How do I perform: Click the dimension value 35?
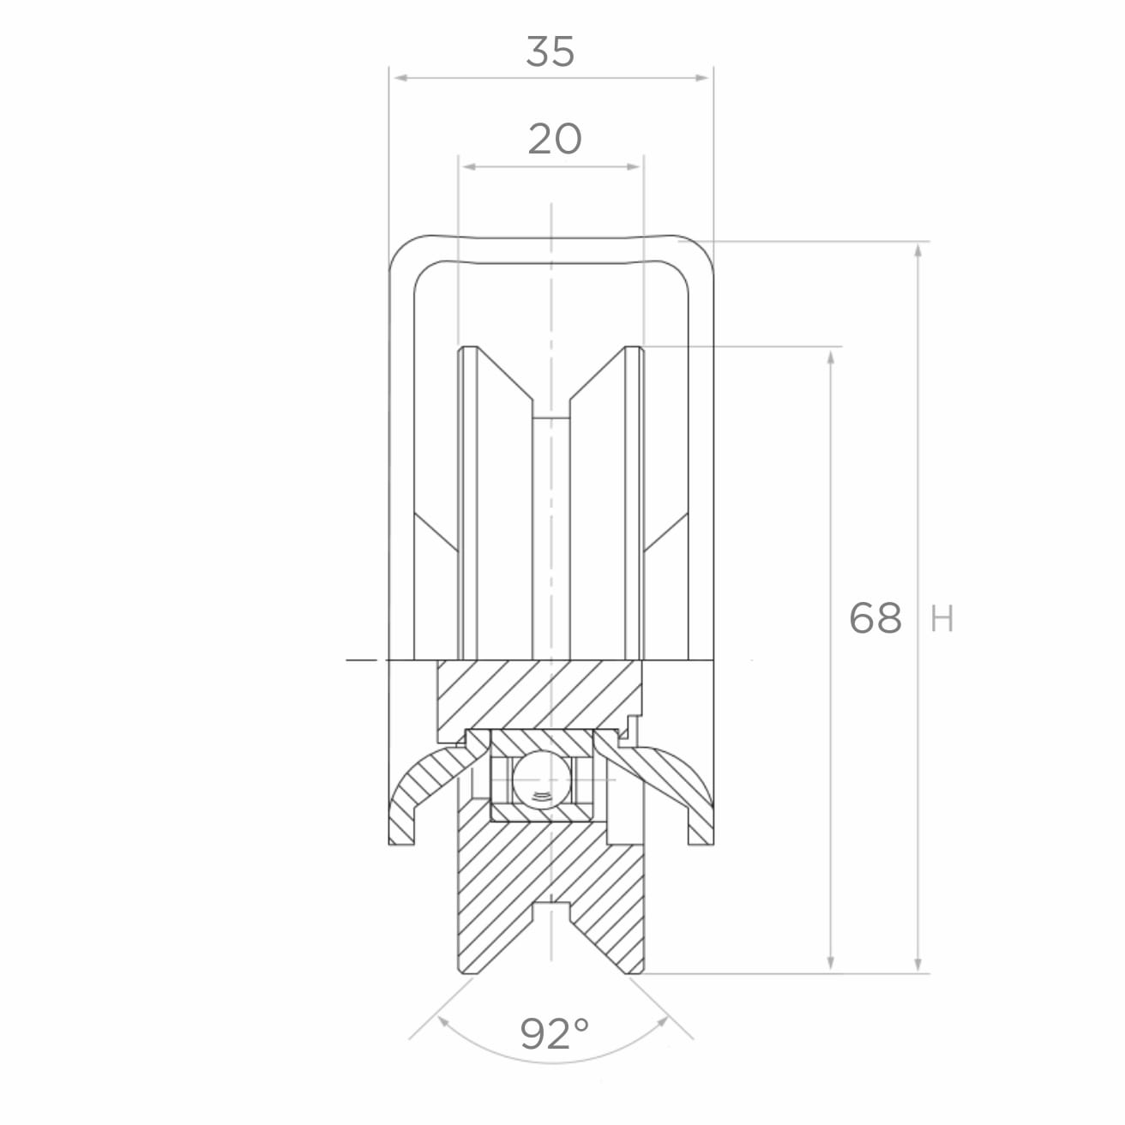click(550, 51)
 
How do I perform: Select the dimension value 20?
click(554, 139)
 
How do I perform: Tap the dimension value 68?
click(875, 618)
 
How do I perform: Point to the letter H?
click(942, 619)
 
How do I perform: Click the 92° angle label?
click(554, 1032)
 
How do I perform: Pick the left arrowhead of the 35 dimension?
click(401, 78)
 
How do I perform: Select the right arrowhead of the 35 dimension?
click(701, 78)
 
